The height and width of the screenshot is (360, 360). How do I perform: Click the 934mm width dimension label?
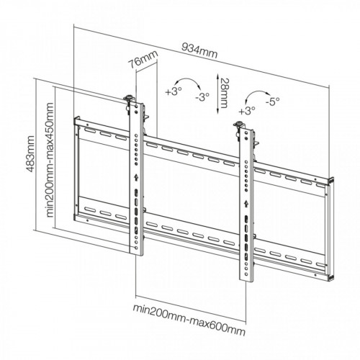tap(199, 51)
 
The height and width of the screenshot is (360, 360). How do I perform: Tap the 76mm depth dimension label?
tap(143, 59)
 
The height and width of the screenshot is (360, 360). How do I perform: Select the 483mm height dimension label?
tap(30, 153)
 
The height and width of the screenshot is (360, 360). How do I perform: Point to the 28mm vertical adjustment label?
tap(223, 93)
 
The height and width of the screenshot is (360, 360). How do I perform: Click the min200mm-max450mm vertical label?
tap(50, 160)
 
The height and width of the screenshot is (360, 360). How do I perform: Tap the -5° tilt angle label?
tap(272, 102)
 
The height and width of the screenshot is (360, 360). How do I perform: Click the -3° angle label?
tap(202, 97)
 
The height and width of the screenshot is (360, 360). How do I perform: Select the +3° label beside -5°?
tap(247, 111)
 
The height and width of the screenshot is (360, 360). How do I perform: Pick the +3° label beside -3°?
tap(174, 91)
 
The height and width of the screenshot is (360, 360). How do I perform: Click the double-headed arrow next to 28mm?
tap(217, 93)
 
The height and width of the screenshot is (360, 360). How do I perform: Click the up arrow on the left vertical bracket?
tap(136, 178)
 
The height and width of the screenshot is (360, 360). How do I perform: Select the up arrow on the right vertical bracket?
tap(246, 204)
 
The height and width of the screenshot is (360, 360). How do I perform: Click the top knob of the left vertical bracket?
tap(129, 97)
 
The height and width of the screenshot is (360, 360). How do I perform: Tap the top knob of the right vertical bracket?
tap(238, 124)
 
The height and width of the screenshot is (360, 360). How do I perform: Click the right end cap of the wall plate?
tap(330, 229)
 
